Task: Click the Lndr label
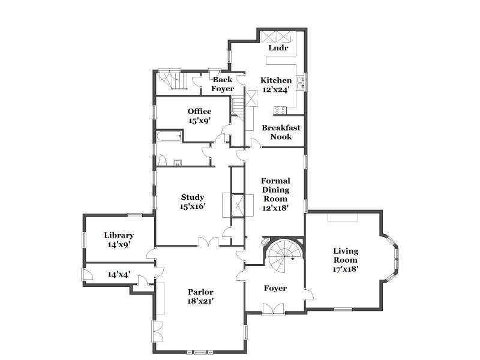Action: click(278, 48)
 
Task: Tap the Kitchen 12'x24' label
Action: click(276, 85)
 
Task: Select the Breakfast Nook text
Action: click(281, 132)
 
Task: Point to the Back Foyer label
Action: click(223, 84)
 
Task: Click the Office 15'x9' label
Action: click(199, 116)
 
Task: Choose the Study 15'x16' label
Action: click(192, 202)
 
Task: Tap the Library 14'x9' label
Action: click(119, 239)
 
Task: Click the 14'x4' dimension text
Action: click(119, 274)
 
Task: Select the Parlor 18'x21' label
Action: click(200, 296)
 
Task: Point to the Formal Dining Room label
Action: click(275, 194)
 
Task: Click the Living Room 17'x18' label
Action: click(346, 260)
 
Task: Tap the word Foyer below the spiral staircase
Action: click(275, 289)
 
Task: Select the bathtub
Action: click(169, 136)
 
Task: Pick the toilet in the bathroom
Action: click(162, 160)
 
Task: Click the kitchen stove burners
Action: click(280, 110)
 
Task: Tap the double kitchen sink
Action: click(301, 83)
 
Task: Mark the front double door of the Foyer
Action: click(273, 308)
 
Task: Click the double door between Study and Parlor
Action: click(208, 242)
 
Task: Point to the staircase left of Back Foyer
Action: click(172, 80)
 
